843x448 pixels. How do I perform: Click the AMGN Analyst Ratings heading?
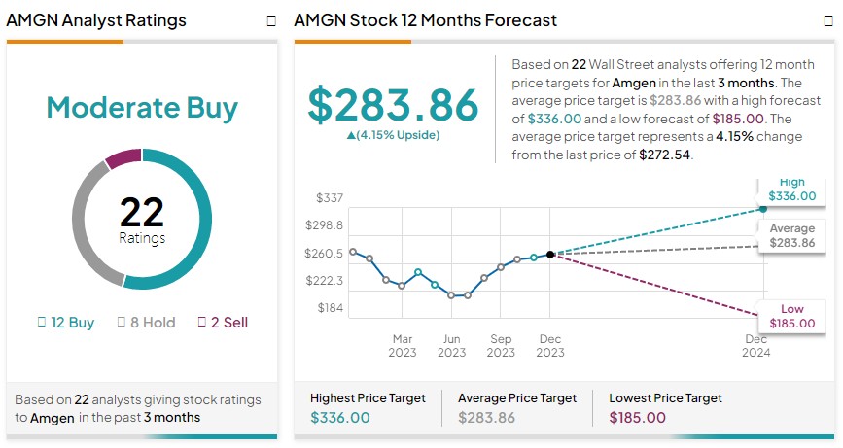click(x=95, y=20)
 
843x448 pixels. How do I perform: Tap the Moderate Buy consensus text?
click(x=142, y=107)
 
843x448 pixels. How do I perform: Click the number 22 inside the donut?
click(x=142, y=211)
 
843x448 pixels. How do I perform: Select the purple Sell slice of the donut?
click(x=123, y=157)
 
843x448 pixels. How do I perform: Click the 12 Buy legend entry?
click(x=66, y=322)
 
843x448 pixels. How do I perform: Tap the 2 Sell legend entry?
click(x=224, y=322)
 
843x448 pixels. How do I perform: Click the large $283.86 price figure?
click(x=393, y=105)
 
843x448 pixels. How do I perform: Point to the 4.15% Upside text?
click(x=393, y=135)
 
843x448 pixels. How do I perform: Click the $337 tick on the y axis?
click(x=330, y=198)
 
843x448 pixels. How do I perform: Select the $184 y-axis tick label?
click(x=330, y=308)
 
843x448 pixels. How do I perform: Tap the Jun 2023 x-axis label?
click(x=451, y=345)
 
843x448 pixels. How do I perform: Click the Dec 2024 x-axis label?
click(x=756, y=345)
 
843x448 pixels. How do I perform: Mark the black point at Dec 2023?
click(x=550, y=254)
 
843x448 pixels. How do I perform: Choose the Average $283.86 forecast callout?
click(x=791, y=235)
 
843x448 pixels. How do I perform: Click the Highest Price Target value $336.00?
click(x=340, y=418)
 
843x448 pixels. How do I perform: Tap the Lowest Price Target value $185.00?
click(x=638, y=418)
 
